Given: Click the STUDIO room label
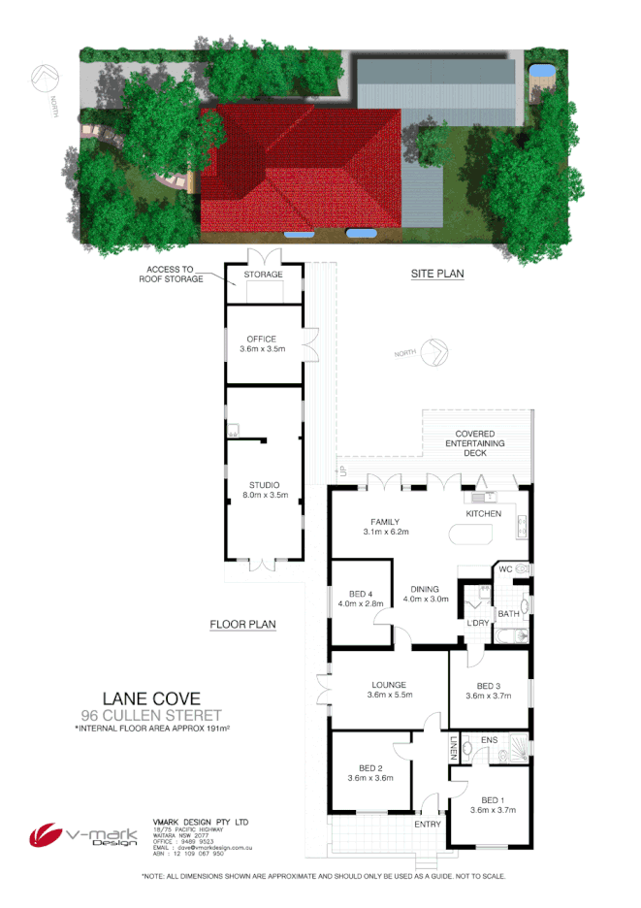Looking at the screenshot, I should click(264, 485).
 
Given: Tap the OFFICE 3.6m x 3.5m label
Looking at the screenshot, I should click(262, 343).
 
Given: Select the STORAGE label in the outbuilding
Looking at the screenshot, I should click(264, 275).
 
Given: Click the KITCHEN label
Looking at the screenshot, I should click(483, 512).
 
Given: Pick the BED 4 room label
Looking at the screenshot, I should click(361, 593).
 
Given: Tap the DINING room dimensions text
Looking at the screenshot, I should click(425, 600).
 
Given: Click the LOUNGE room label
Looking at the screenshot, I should click(390, 685).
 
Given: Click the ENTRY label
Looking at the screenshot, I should click(427, 824).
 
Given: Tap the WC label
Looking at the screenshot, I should click(505, 568).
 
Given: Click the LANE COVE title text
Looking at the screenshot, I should click(151, 697).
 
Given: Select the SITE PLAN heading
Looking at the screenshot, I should click(437, 274).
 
